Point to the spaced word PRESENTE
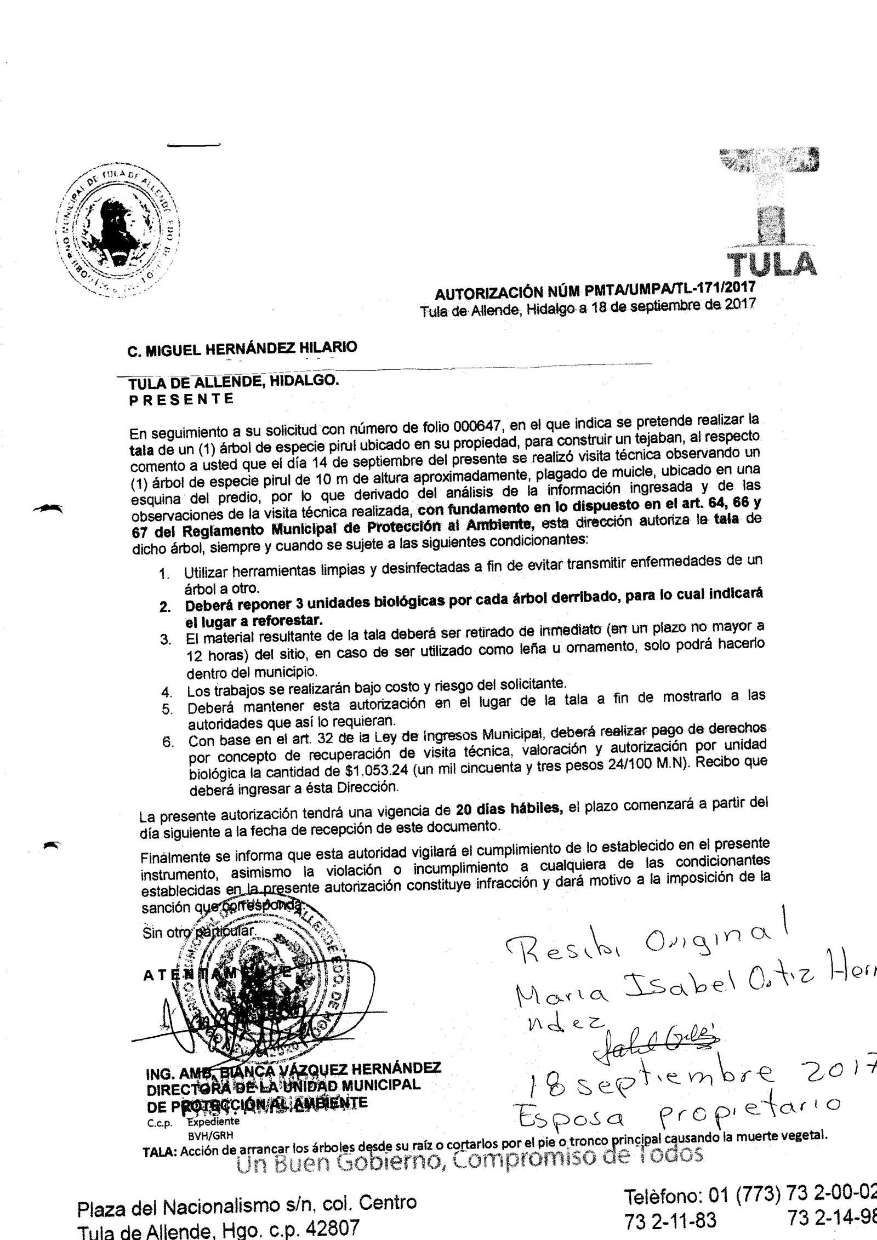tap(181, 398)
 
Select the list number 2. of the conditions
tap(164, 608)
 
